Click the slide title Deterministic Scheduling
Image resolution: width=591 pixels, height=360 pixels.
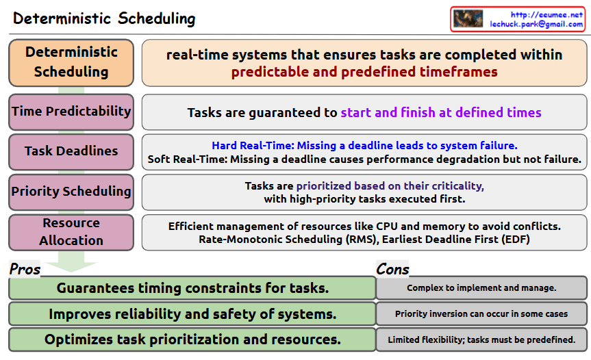104,18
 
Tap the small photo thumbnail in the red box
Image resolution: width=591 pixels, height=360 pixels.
468,18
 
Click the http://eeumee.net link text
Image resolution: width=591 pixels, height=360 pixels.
546,14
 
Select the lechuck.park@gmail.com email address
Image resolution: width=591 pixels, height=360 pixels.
536,24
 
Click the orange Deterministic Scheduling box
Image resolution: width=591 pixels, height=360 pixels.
71,62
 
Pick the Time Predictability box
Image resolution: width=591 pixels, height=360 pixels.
71,112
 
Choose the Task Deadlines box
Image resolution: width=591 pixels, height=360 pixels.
71,152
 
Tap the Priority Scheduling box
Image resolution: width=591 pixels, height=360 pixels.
71,192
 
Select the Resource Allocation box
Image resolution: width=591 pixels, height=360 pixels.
71,232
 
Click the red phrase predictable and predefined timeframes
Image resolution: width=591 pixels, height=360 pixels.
364,72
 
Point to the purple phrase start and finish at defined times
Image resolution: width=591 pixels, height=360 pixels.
441,112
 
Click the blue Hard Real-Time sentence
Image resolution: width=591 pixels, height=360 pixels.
364,145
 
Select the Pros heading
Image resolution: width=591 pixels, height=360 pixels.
25,269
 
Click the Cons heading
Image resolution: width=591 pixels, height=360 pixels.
392,269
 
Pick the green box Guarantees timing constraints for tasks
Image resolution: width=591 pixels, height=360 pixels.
192,288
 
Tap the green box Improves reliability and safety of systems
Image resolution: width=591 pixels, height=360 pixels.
192,313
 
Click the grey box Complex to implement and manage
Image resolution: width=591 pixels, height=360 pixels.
481,288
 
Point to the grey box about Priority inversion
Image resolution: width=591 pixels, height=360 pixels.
481,313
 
